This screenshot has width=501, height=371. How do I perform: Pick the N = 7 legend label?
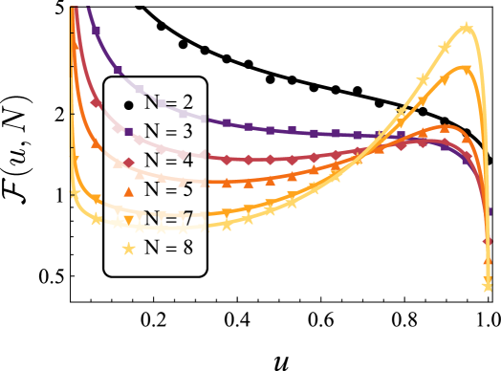pyautogui.click(x=168, y=219)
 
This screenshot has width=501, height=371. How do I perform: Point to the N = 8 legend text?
pyautogui.click(x=168, y=248)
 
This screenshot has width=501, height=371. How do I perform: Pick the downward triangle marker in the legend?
pyautogui.click(x=128, y=219)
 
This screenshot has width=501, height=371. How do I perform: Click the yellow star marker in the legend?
pyautogui.click(x=128, y=248)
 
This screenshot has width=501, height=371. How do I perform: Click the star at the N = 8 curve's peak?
pyautogui.click(x=466, y=28)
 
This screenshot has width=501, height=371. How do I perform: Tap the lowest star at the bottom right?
pyautogui.click(x=487, y=285)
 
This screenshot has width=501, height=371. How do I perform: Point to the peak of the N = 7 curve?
pyautogui.click(x=464, y=66)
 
